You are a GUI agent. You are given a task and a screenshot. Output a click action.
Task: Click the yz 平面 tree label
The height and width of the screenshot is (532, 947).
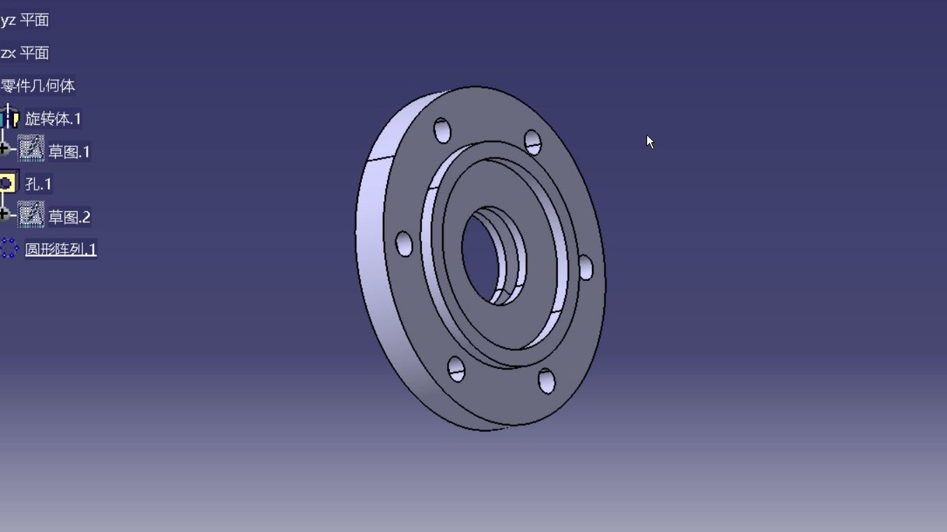[24, 20]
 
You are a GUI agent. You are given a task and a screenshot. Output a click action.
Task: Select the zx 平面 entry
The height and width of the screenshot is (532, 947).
[24, 53]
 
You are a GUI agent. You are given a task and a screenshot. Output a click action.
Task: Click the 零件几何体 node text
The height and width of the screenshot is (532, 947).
[38, 86]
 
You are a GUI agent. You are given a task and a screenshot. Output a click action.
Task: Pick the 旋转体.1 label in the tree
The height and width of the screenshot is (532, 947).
[53, 119]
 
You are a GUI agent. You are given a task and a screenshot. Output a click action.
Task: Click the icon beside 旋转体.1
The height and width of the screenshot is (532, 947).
[9, 117]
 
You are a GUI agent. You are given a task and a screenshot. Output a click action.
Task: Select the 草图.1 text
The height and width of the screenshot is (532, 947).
[69, 152]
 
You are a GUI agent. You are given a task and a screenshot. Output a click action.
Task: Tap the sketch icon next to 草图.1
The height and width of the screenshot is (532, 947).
[31, 148]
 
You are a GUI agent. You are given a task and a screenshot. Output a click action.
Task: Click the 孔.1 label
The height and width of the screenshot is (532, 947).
[38, 184]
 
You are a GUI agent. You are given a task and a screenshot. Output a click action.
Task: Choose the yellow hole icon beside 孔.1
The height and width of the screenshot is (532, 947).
[8, 183]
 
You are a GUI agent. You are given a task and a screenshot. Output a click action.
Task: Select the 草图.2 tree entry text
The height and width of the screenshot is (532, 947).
[69, 217]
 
